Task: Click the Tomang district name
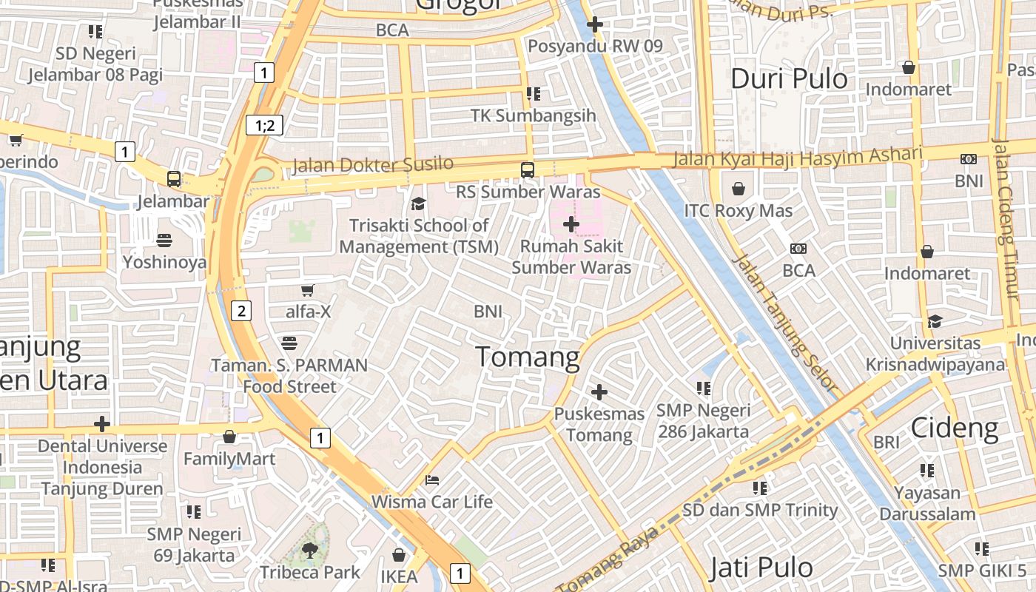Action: tap(528, 357)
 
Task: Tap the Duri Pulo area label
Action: tap(789, 78)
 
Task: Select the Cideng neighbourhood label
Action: tap(954, 428)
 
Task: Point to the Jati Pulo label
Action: tap(761, 568)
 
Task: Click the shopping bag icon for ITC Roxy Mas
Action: tap(738, 189)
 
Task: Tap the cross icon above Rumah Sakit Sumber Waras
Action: tap(571, 223)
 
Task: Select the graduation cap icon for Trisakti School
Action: tap(419, 203)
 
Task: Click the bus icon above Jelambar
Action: tap(174, 179)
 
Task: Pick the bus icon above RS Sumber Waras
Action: tap(527, 170)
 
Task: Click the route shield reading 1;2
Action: tap(265, 125)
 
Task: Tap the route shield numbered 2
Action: tap(240, 311)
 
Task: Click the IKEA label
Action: tap(399, 576)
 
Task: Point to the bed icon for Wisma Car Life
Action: tap(432, 480)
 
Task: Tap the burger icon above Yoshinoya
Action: tap(164, 240)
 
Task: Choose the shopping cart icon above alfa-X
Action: tap(308, 290)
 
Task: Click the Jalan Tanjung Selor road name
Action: tap(784, 323)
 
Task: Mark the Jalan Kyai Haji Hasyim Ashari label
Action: tap(797, 157)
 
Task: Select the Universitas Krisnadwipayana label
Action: tap(935, 354)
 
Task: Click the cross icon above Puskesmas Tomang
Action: tap(599, 391)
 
